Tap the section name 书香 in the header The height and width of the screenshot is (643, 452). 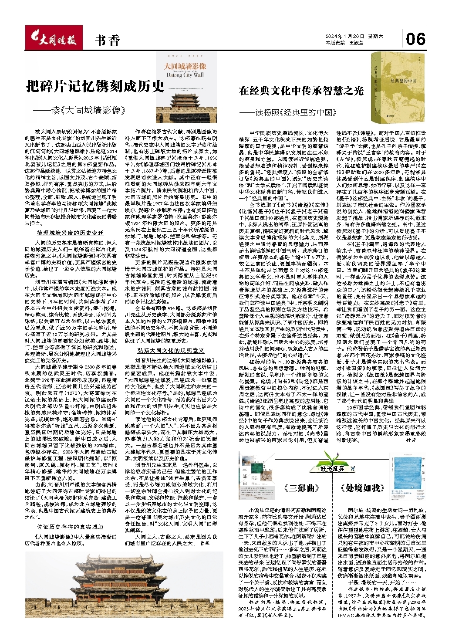tap(107, 41)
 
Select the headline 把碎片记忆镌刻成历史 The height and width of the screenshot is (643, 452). tap(95, 86)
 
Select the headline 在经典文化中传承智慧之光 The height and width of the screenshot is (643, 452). tap(301, 90)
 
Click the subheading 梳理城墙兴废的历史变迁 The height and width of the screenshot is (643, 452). tap(70, 233)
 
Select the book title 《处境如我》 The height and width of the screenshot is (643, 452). tap(362, 487)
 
